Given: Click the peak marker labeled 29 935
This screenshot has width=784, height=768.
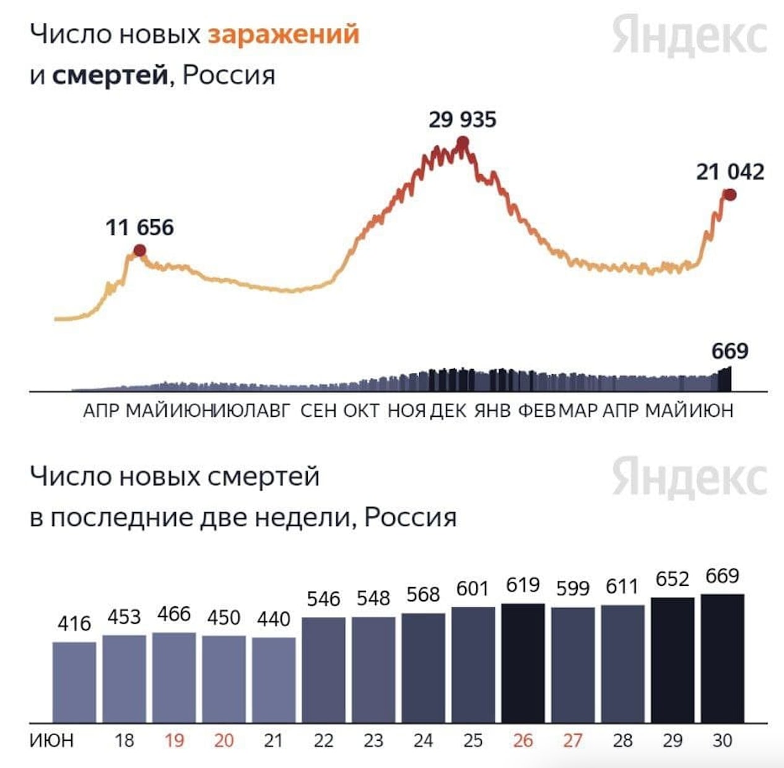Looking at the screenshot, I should tap(462, 144).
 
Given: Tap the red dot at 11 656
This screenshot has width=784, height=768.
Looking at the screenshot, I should tap(139, 250).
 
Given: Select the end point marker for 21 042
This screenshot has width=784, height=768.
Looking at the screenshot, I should tap(730, 194).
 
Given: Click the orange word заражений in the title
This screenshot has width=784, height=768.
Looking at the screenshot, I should tap(283, 35).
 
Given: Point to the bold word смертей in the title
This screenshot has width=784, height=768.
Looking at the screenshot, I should tap(110, 76).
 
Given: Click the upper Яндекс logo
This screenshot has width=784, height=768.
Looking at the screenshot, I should tap(689, 36).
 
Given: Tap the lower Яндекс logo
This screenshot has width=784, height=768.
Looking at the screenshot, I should tap(689, 478).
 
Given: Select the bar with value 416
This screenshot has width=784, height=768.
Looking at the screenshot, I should tap(74, 681).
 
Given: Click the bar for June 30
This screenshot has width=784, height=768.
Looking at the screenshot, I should tap(722, 658).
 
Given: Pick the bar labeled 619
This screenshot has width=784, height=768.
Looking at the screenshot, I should tap(523, 663).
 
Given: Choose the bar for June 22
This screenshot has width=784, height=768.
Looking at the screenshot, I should tap(323, 669).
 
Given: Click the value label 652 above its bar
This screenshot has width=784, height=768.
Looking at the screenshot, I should tap(672, 579).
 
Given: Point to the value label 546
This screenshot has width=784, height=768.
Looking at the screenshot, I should tap(323, 599).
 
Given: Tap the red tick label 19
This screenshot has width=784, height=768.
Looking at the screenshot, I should tap(174, 740).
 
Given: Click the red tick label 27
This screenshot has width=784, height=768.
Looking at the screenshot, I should tap(573, 740).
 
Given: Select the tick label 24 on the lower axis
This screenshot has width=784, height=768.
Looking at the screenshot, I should tap(423, 740).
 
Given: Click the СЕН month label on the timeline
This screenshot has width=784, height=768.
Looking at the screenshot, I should tap(318, 410).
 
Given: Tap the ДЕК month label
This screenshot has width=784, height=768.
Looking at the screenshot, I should tap(448, 410).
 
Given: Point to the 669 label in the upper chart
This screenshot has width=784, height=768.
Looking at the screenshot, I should tap(730, 351).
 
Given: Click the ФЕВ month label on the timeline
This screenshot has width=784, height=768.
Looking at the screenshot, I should tap(537, 410).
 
